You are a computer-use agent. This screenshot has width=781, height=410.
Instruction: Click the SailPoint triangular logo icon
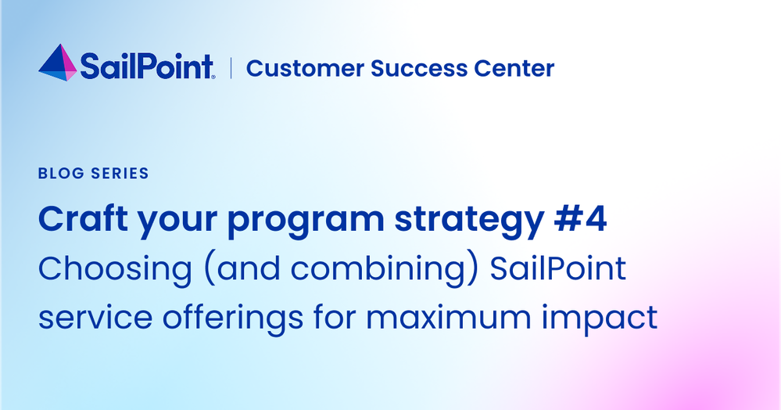tap(58, 63)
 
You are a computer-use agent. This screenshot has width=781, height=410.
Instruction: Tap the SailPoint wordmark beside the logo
tap(148, 67)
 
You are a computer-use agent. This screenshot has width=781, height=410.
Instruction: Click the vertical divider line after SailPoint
tap(231, 68)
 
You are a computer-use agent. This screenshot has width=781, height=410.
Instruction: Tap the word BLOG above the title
tap(61, 173)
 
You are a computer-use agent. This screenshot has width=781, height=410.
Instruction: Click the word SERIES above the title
tap(120, 173)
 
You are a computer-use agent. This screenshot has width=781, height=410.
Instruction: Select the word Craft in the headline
tap(83, 219)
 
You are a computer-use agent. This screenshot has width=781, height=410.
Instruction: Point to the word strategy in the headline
tap(469, 221)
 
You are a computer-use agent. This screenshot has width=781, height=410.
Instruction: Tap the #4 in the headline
tap(580, 219)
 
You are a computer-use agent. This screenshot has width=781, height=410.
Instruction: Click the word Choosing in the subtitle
tap(115, 270)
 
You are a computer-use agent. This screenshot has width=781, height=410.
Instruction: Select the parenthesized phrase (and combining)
tap(341, 270)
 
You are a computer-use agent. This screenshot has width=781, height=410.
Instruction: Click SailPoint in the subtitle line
tap(558, 268)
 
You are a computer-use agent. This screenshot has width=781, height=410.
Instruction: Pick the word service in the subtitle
tap(95, 317)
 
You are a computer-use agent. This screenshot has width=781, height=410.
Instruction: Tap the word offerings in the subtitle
tap(233, 319)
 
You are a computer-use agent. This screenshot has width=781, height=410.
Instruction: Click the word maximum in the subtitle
tap(449, 317)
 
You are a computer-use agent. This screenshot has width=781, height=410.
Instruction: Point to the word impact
tap(599, 319)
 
